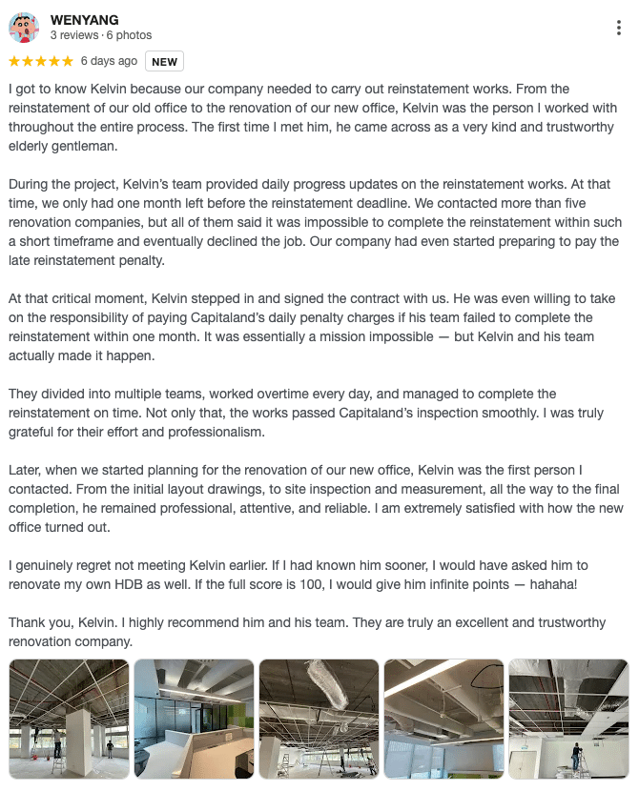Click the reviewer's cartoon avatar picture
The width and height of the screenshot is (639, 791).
tap(24, 28)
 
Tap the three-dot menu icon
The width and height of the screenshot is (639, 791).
tap(619, 29)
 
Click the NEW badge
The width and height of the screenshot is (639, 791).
tap(164, 62)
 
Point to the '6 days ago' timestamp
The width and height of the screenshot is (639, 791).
tap(109, 61)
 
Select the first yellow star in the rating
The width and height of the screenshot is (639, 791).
tap(14, 61)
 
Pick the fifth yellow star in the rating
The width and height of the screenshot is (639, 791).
tap(67, 61)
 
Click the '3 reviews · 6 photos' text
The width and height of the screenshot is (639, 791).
tap(100, 35)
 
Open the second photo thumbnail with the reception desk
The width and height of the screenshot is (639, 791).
tap(194, 719)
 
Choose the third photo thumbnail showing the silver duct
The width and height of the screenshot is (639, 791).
tap(319, 719)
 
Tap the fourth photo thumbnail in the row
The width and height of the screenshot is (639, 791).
tap(443, 719)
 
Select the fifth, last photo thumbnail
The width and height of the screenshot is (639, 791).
tap(568, 719)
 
